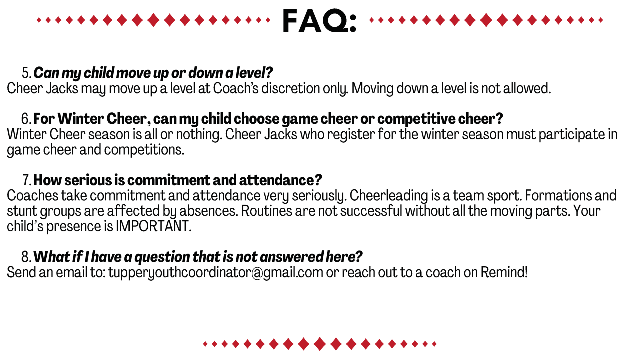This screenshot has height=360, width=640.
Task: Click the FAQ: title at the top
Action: [x=319, y=20]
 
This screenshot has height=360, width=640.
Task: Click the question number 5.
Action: [x=27, y=73]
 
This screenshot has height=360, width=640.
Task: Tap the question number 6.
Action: [x=26, y=119]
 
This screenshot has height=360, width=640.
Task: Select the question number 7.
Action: [x=27, y=180]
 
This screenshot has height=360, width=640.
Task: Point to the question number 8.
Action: [x=26, y=257]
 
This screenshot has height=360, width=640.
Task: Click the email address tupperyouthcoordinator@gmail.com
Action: [x=216, y=273]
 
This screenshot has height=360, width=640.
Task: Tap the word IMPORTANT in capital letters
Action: [x=153, y=226]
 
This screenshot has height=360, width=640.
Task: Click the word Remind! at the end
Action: [x=504, y=272]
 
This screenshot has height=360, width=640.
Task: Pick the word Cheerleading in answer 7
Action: [x=389, y=196]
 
